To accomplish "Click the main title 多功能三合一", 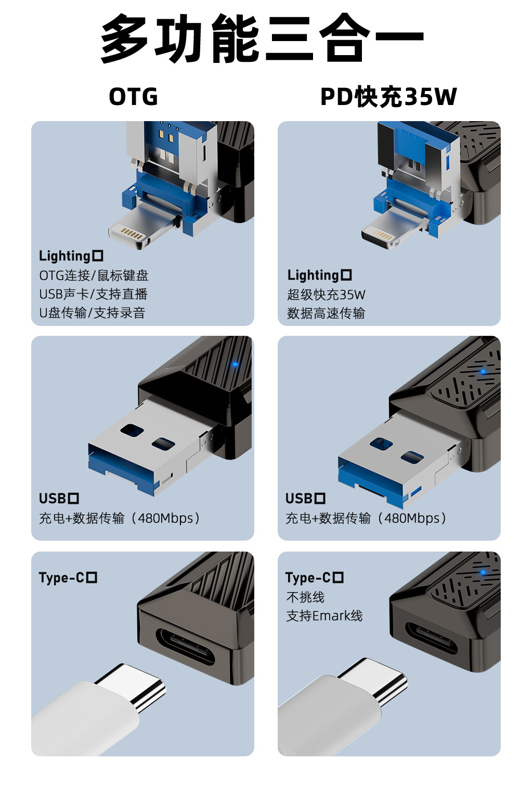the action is coord(262,38).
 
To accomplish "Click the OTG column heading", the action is coord(134,97).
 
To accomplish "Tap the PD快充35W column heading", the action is coord(388,97).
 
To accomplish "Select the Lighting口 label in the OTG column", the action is coord(71,256).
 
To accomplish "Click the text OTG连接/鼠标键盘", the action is coord(94,276).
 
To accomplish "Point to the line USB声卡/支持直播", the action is coord(94,294).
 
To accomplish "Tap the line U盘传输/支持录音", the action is coord(93,312).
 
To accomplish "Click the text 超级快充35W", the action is coord(326,295).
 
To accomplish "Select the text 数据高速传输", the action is coord(326,313).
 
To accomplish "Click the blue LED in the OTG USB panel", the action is coord(235,364).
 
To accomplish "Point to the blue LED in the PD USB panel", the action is coord(484,372).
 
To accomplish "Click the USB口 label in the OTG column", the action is coord(59,499).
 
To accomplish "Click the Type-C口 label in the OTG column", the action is coord(68,578).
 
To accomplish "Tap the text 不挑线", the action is coord(305,597).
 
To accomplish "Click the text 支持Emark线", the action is coord(324,616).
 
